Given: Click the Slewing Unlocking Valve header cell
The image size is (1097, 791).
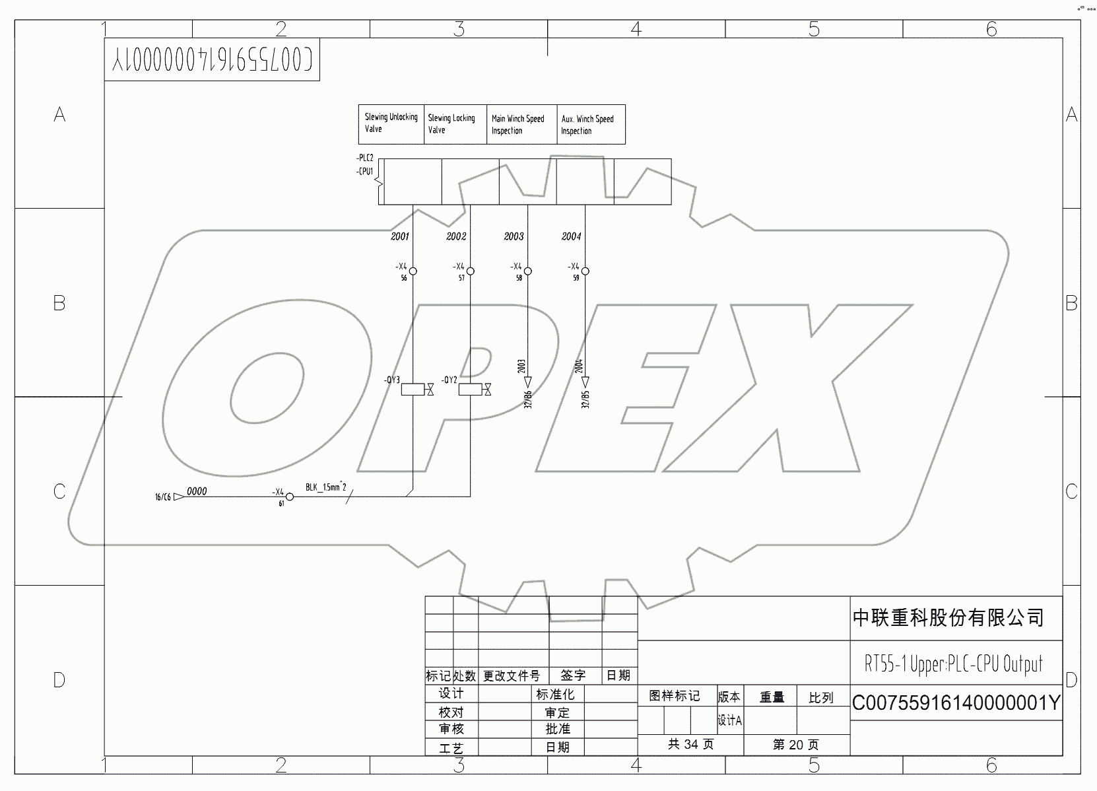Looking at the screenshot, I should tap(391, 123).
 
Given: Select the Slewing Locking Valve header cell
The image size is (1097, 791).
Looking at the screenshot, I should tap(455, 124).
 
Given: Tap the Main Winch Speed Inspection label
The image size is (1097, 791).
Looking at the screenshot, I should tap(521, 124).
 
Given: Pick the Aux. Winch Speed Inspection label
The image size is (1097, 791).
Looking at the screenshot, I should tap(590, 124).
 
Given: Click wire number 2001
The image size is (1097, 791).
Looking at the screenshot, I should tap(400, 236).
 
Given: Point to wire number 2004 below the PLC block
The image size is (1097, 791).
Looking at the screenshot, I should tap(571, 236).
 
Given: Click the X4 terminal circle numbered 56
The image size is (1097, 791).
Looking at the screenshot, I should tap(413, 271).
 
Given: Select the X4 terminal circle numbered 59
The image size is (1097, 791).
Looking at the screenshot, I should tap(585, 271).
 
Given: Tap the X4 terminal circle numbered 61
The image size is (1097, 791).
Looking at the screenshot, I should tap(289, 497).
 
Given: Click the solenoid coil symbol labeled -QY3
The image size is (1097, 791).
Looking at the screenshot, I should tap(413, 390).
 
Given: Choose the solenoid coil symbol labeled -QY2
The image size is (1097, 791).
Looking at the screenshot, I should tap(470, 390).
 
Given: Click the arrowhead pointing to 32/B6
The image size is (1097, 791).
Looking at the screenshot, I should tap(527, 382).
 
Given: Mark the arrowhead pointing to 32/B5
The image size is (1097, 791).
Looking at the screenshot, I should tap(585, 382).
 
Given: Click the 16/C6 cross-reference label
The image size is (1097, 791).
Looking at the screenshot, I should tap(162, 497).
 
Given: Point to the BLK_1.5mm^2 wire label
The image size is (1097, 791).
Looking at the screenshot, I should tap(326, 487).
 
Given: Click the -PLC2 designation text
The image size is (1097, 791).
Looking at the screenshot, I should tap(364, 158).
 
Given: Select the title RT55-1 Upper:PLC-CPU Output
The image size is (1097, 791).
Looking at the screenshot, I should tap(953, 664).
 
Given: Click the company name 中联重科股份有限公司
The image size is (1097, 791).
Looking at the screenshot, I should tap(948, 618).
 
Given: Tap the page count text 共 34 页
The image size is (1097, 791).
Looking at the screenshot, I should tap(690, 744).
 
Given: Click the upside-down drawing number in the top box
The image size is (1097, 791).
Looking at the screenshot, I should tap(212, 60).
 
